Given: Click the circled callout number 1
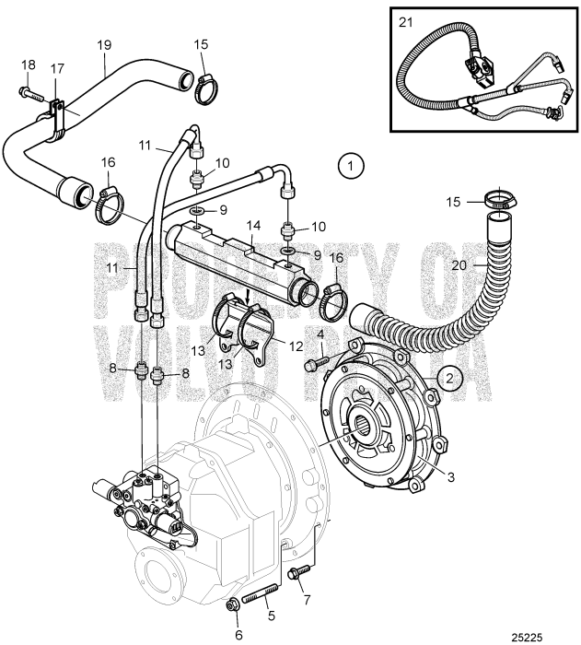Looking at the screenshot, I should point(351,167).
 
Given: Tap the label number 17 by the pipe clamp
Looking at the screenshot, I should point(56,68).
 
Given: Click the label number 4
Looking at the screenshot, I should point(320,334).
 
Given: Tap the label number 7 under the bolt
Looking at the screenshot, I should point(306,601).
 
